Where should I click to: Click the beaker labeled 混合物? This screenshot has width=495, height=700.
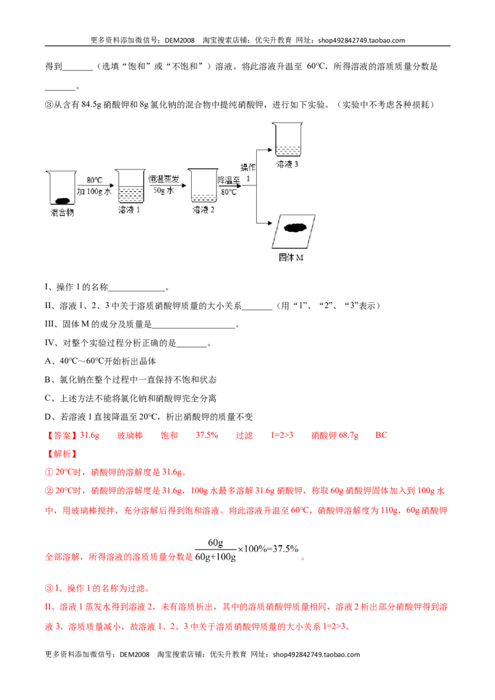point(62,188)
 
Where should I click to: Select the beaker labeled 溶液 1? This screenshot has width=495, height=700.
point(130,186)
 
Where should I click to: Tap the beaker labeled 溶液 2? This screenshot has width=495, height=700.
point(203,186)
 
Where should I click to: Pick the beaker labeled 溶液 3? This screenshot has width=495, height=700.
point(287,140)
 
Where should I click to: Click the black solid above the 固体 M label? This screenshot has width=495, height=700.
point(295,228)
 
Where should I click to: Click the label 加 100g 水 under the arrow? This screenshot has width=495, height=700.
point(94,192)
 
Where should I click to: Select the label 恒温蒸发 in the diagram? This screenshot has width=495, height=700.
point(164,179)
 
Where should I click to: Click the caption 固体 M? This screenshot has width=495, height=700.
point(291,258)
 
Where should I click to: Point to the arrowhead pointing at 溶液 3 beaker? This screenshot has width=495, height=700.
point(269,150)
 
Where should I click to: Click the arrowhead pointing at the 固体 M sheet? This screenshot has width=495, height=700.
point(269,223)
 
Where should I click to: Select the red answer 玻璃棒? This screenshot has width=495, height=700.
point(130,435)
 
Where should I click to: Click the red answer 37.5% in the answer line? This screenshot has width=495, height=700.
point(207,435)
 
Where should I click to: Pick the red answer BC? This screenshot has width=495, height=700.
point(381,435)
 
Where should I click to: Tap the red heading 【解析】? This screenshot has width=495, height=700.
point(62,454)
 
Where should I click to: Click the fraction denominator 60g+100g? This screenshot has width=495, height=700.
point(215,557)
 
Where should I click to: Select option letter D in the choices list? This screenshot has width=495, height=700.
point(48,417)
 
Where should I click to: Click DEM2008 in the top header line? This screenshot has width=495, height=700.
point(179,40)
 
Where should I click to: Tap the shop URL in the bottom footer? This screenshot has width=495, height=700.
point(316,654)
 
